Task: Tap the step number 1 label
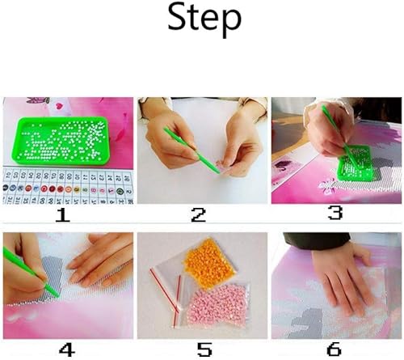[x=63, y=215]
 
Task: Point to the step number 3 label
[x=333, y=214]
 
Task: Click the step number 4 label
[x=67, y=349]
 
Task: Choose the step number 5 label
[x=203, y=349]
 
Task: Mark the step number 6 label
[x=333, y=349]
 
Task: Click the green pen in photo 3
[x=337, y=134]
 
